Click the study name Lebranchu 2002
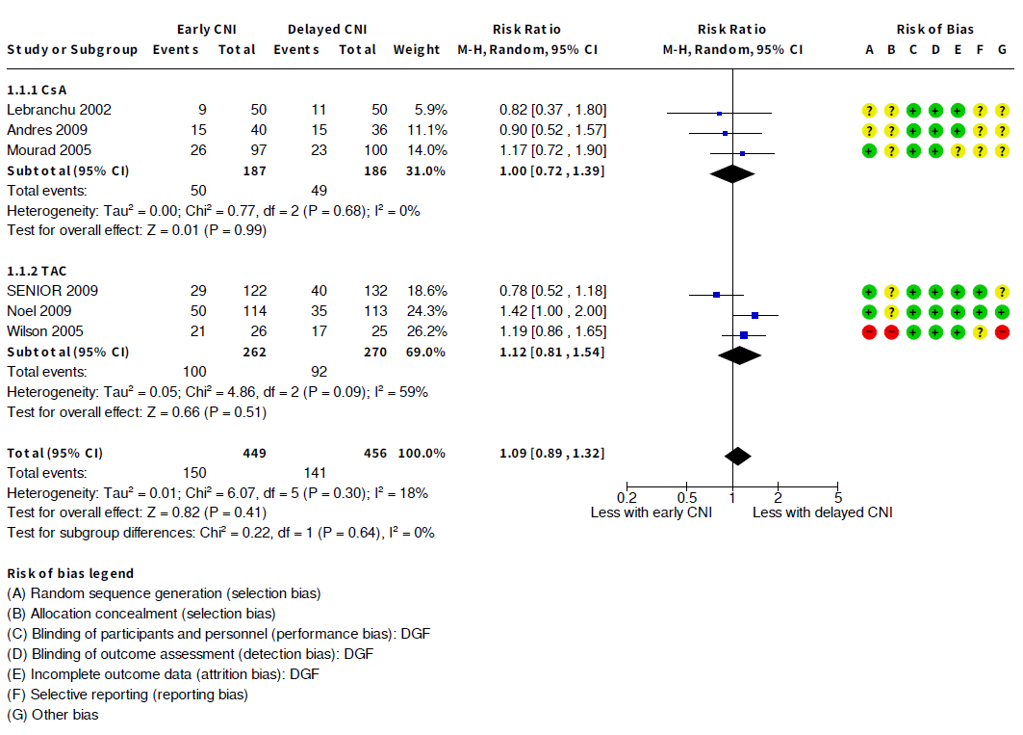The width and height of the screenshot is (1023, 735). coord(59,110)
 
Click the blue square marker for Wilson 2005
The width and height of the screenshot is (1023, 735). coord(744,334)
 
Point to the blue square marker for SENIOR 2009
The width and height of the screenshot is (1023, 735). coord(716,294)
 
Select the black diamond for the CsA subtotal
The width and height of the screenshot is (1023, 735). coord(732,173)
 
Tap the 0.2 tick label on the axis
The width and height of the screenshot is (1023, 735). coord(627,497)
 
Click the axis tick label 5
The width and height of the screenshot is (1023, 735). coord(838,497)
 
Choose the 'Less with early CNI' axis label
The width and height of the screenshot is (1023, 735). coord(651,512)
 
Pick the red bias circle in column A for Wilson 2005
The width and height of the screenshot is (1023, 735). coord(869,332)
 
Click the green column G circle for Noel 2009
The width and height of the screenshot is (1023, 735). coord(1002,312)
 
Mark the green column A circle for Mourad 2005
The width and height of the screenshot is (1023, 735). coord(869,151)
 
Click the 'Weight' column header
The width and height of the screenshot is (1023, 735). coord(416,50)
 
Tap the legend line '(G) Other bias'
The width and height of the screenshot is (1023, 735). coord(53,715)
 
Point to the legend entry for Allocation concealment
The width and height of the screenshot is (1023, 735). coord(141,614)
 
